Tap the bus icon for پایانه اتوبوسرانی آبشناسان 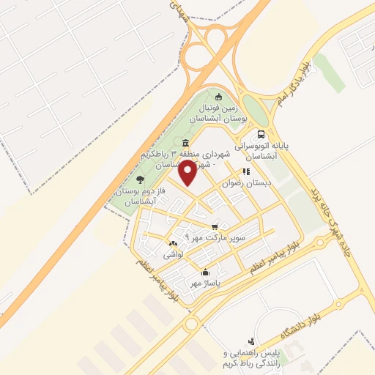pos(261,135)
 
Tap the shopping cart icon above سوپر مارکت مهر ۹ pos(214,227)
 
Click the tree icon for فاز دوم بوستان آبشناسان pos(139,179)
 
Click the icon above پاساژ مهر pos(204,272)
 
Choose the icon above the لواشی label pos(172,244)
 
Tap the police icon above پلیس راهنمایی pos(251,341)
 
